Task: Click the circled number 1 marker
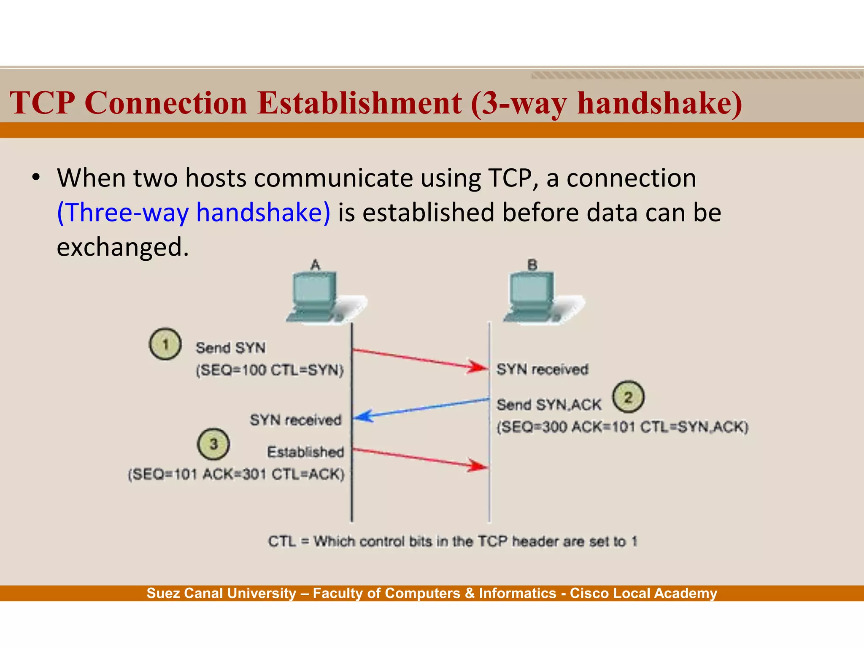(165, 344)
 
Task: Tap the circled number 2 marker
(628, 397)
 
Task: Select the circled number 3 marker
(213, 444)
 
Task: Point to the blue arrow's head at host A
(361, 416)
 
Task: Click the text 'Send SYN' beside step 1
(231, 348)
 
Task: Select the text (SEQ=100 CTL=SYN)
(270, 370)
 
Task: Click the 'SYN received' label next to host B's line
(542, 370)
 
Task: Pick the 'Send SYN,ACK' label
(549, 405)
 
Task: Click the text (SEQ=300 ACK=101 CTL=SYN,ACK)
(622, 427)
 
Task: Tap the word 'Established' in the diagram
(306, 452)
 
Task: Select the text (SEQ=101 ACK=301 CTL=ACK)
(236, 474)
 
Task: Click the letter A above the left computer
(316, 265)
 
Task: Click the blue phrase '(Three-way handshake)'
(194, 212)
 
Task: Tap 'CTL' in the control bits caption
(282, 541)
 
